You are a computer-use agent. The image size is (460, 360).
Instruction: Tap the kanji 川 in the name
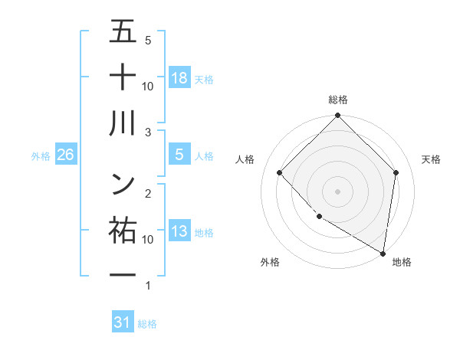(x=123, y=123)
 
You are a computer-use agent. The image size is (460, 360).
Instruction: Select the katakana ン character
(x=123, y=182)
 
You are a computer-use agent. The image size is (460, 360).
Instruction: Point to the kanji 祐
(x=123, y=229)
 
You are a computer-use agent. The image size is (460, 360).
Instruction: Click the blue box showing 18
(x=179, y=77)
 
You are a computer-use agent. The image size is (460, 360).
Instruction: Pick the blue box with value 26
(x=65, y=155)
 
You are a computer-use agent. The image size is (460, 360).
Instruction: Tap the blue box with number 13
(x=179, y=232)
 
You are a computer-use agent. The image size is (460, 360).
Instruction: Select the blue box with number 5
(x=179, y=155)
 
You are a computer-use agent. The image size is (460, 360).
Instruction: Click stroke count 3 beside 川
(x=148, y=132)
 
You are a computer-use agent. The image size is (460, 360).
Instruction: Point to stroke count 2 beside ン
(x=148, y=192)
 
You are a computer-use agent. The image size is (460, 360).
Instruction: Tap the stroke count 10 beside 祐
(x=148, y=239)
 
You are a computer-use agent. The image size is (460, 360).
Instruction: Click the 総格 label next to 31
(x=147, y=323)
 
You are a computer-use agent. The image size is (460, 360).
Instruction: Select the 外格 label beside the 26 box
(x=41, y=155)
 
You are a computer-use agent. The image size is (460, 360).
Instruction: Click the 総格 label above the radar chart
(x=338, y=100)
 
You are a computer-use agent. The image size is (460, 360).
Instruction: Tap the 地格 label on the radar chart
(x=402, y=262)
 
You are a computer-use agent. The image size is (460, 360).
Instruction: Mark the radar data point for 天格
(x=396, y=172)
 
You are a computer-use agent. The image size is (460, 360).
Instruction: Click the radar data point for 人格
(x=280, y=172)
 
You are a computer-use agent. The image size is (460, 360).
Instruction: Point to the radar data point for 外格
(x=319, y=217)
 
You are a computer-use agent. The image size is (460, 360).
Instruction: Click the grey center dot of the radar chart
(x=338, y=191)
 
